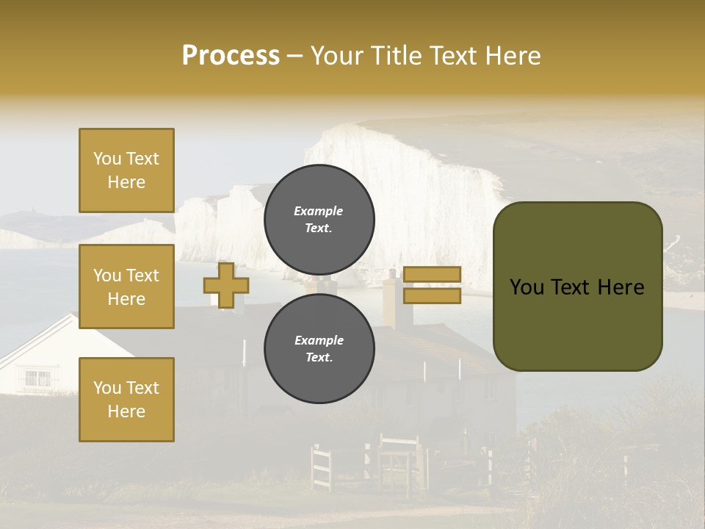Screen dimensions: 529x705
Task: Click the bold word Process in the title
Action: tap(231, 56)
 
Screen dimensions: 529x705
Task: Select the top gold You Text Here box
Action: tap(126, 170)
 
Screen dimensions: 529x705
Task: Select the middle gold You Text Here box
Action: tap(126, 287)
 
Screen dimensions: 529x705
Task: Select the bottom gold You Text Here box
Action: tap(126, 399)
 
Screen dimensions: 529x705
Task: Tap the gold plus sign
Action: tap(226, 285)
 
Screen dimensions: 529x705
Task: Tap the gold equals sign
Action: tap(433, 285)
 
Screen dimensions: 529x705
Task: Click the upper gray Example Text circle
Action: tap(319, 219)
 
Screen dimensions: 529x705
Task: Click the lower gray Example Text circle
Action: tap(319, 348)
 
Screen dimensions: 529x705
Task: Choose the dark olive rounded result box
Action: tap(577, 287)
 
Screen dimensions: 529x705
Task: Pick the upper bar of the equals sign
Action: tap(433, 275)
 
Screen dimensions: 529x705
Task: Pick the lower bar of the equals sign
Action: tap(433, 295)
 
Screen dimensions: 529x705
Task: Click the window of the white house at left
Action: tap(37, 378)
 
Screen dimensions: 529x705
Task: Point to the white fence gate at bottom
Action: tap(322, 466)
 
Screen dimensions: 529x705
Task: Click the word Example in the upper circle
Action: tap(319, 211)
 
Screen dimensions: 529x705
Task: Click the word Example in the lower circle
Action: tap(319, 340)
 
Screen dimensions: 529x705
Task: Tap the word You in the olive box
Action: tap(526, 287)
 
